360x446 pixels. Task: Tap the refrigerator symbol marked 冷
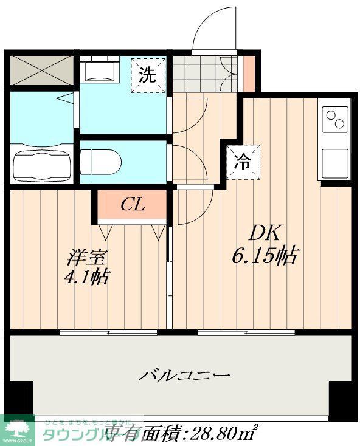[243, 162]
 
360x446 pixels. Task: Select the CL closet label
[132, 205]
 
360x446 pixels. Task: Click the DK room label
[263, 232]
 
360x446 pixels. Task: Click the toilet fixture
[101, 161]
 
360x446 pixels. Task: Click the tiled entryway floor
[203, 72]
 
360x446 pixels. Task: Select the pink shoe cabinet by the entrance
[249, 72]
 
